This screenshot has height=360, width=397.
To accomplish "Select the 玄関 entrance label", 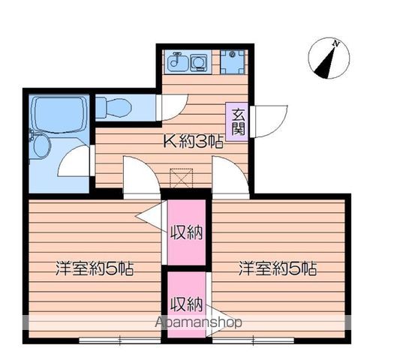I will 238,121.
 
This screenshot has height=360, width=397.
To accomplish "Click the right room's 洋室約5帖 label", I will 277,268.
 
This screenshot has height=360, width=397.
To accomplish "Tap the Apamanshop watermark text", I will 198,323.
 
